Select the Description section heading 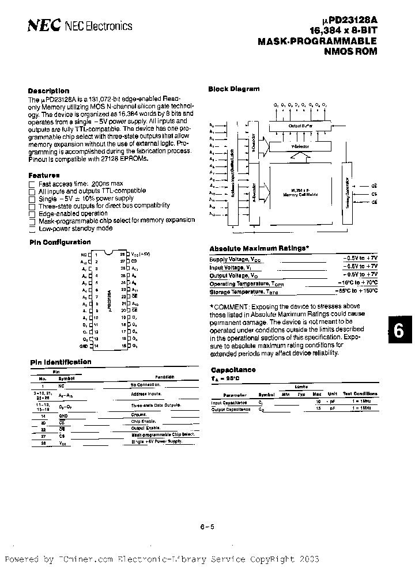(49, 91)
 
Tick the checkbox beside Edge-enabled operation (32, 213)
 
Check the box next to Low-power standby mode (32, 228)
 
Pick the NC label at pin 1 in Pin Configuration (84, 254)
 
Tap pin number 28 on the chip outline (122, 254)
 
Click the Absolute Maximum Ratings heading (259, 248)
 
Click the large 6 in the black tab (398, 332)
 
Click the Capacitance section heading (233, 370)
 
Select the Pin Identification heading (61, 362)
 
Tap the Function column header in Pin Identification (164, 377)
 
